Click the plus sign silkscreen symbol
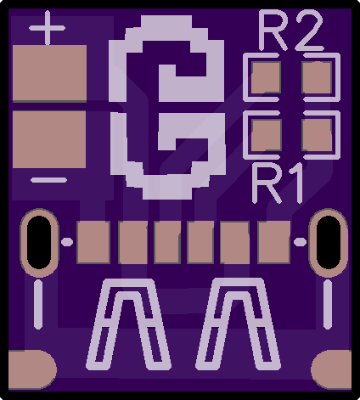[47, 28]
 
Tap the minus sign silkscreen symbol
[48, 180]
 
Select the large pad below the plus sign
[49, 73]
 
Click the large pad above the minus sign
[49, 139]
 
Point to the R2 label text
[291, 31]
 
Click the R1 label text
[278, 183]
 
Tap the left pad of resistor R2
[266, 77]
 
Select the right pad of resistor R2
[317, 77]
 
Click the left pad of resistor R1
[266, 135]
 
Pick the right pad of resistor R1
[317, 135]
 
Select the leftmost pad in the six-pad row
[93, 242]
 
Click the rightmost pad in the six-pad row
[274, 242]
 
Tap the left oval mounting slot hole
[39, 242]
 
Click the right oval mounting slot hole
[329, 242]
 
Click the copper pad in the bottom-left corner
[32, 370]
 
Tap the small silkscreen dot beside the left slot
[67, 242]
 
